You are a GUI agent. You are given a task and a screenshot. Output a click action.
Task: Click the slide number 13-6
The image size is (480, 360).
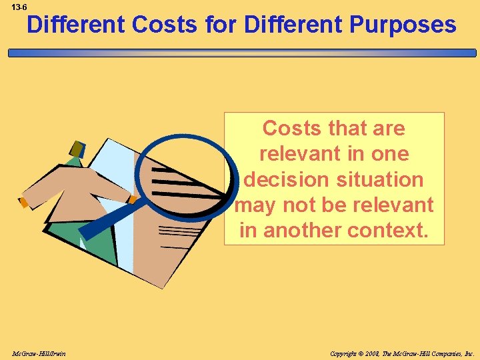[19, 7]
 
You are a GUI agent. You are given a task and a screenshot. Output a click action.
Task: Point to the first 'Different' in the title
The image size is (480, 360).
[77, 25]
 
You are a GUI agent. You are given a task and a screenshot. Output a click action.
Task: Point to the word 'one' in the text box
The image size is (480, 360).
[391, 153]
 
